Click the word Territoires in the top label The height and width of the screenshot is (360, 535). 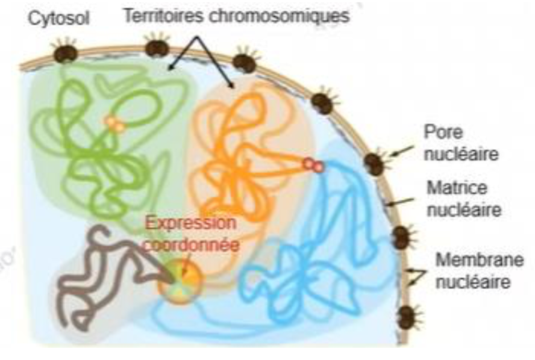tap(160, 17)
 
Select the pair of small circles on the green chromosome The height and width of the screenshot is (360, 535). tap(114, 125)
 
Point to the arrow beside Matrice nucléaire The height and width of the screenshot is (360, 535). tap(397, 202)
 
